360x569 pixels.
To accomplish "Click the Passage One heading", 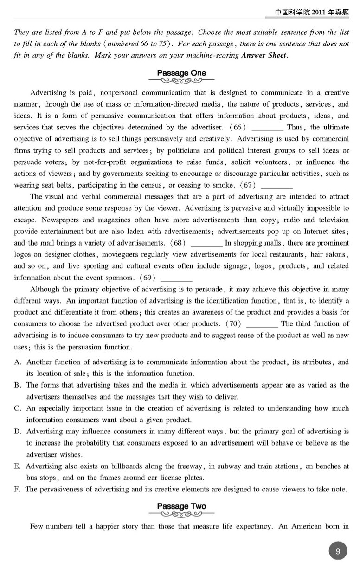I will coord(181,73).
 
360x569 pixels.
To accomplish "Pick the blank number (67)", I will coord(249,185).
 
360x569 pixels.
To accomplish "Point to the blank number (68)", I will coord(179,243).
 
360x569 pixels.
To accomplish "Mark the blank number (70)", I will coord(233,323).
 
